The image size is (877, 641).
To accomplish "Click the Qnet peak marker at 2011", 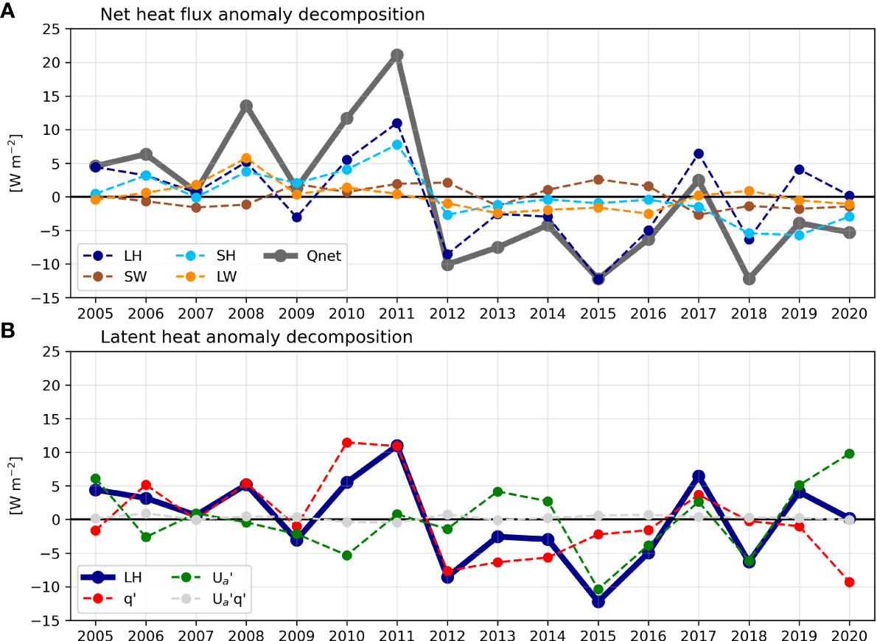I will (397, 55).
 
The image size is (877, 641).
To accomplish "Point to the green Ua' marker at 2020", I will (849, 454).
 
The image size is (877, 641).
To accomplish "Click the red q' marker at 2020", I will (849, 582).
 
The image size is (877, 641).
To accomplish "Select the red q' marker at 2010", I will (347, 442).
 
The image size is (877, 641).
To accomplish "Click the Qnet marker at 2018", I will (749, 279).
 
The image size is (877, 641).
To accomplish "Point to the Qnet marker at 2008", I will (246, 106).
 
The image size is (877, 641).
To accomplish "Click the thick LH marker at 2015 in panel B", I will (598, 601).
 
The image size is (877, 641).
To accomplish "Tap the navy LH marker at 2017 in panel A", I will (699, 154).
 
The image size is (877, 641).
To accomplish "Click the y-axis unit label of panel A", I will (15, 163).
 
